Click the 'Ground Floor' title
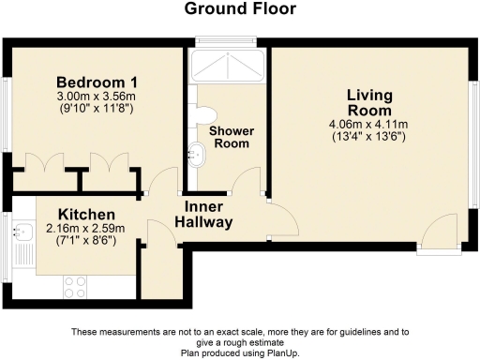239,9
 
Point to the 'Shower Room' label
232,138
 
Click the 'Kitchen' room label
86,215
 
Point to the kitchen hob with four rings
75,283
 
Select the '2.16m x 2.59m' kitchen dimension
86,230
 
